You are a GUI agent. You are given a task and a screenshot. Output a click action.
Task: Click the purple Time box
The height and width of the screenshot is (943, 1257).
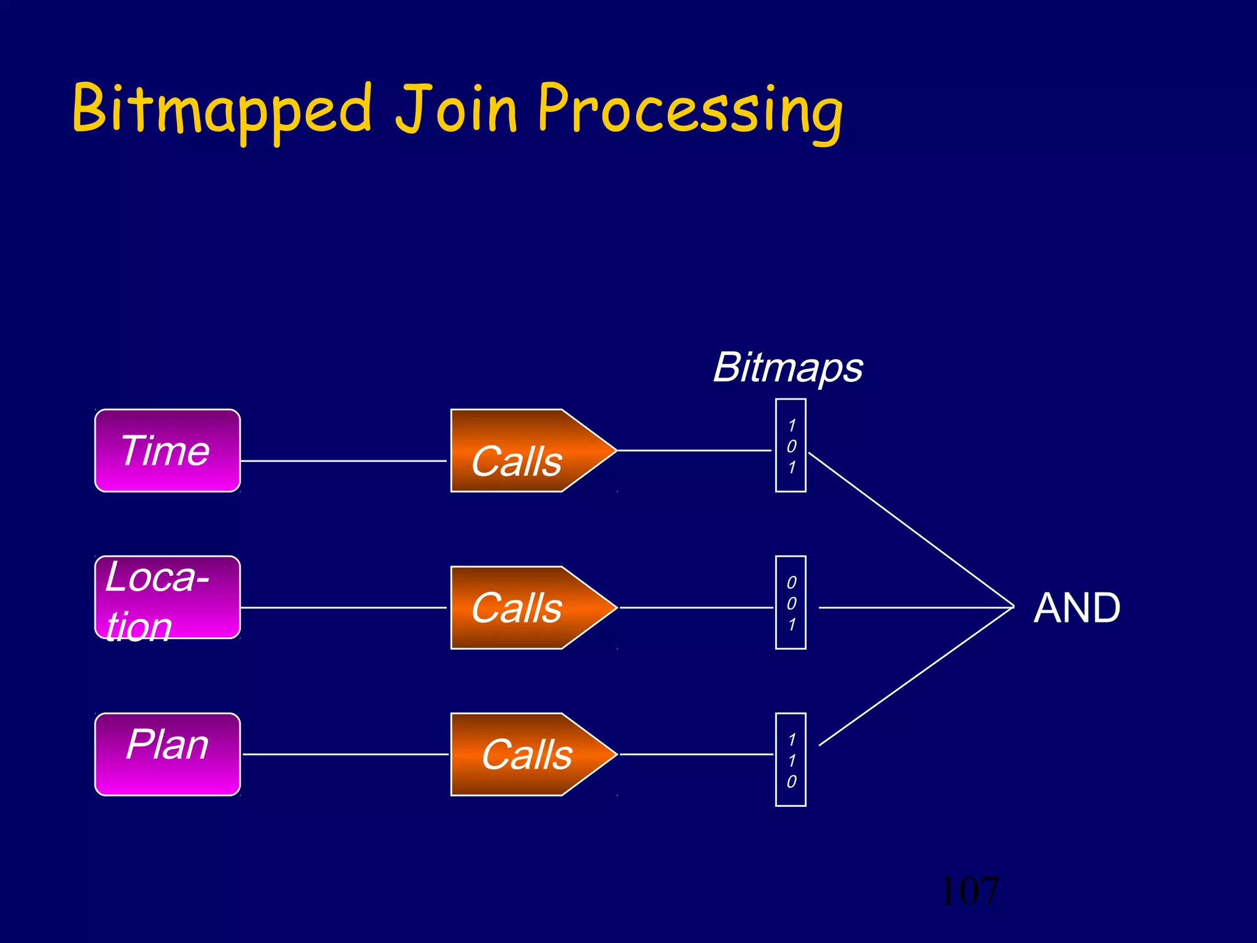(167, 451)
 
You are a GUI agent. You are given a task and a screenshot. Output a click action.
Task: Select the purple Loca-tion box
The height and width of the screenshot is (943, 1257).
(167, 597)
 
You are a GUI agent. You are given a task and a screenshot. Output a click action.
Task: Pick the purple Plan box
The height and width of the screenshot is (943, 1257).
(167, 754)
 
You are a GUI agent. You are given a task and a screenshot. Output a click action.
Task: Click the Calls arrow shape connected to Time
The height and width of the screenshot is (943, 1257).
(522, 451)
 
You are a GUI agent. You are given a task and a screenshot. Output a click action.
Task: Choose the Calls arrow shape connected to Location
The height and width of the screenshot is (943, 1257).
(522, 607)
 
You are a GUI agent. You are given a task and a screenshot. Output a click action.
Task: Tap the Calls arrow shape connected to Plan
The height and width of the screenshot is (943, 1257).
(522, 754)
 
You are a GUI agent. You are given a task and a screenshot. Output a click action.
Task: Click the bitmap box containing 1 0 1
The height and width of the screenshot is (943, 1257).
(791, 446)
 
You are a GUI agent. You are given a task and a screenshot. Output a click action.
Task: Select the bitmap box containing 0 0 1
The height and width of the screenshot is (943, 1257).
(791, 602)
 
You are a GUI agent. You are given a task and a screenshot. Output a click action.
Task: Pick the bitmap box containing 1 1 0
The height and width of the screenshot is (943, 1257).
(791, 759)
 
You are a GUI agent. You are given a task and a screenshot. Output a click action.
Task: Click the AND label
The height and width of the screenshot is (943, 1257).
(1077, 608)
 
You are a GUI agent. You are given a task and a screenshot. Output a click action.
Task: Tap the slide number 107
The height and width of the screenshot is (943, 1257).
(970, 891)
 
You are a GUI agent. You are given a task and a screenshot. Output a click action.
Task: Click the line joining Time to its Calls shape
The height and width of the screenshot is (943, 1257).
(344, 460)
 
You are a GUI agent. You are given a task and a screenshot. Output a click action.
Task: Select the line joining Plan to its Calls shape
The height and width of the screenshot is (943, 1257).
(345, 754)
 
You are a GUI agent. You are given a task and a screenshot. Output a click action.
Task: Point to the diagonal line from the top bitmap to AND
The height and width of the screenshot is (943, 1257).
(911, 529)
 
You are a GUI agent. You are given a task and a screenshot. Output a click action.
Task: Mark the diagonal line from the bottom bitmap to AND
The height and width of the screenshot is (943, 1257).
(916, 677)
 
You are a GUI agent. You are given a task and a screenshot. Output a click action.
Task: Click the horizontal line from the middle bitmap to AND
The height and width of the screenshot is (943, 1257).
(915, 607)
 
